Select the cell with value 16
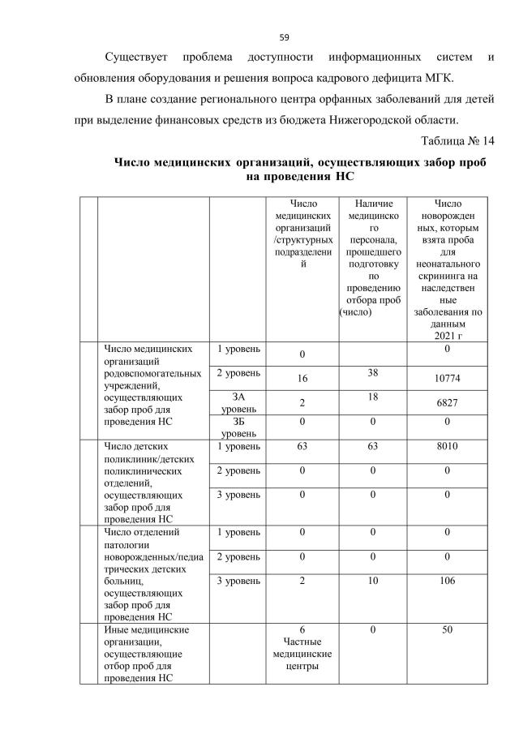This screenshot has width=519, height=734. (302, 379)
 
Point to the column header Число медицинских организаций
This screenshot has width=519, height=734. (302, 235)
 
